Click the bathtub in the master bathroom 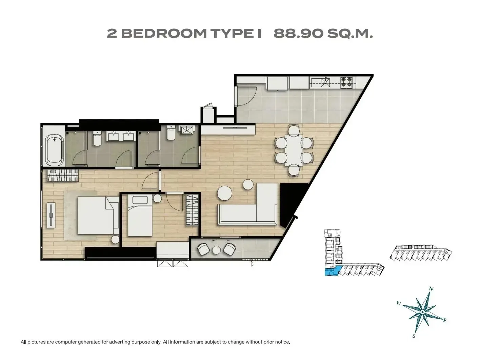click(x=54, y=151)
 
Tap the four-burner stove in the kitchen click(x=346, y=82)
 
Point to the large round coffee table click(x=224, y=193)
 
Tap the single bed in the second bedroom click(x=140, y=216)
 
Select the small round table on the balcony click(x=216, y=250)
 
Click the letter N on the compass click(x=431, y=289)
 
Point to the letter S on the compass click(x=414, y=336)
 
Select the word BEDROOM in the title click(x=164, y=34)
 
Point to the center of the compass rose click(x=422, y=312)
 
